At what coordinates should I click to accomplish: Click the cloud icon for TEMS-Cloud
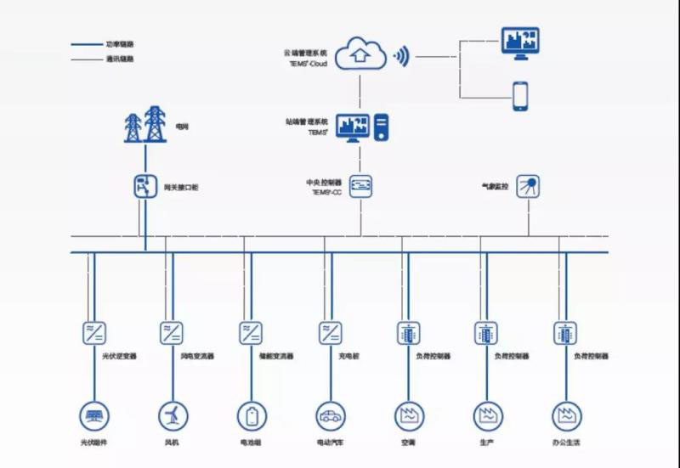pos(360,54)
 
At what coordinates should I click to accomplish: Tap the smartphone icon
pos(521,96)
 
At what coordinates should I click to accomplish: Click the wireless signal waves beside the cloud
pos(401,57)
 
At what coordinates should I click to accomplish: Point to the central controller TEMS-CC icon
pos(361,185)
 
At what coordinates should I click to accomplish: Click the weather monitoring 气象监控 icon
pos(528,185)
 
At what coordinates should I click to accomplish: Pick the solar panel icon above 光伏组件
pos(93,416)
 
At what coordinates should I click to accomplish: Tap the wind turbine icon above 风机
pos(171,416)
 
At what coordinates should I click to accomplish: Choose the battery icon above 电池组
pos(250,416)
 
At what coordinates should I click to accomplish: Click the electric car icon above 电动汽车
pos(329,416)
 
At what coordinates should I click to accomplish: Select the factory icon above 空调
pos(407,416)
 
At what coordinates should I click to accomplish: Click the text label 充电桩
pos(348,356)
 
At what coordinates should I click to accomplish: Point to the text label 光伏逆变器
pos(119,356)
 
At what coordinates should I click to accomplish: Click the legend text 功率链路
pos(120,43)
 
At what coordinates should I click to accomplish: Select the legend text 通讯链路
pos(120,59)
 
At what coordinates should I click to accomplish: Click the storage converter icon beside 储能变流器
pos(250,332)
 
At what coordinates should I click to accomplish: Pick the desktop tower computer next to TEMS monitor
pos(382,128)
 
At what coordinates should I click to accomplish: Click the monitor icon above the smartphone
pos(520,42)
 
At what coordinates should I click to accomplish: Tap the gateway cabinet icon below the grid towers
pos(144,185)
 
